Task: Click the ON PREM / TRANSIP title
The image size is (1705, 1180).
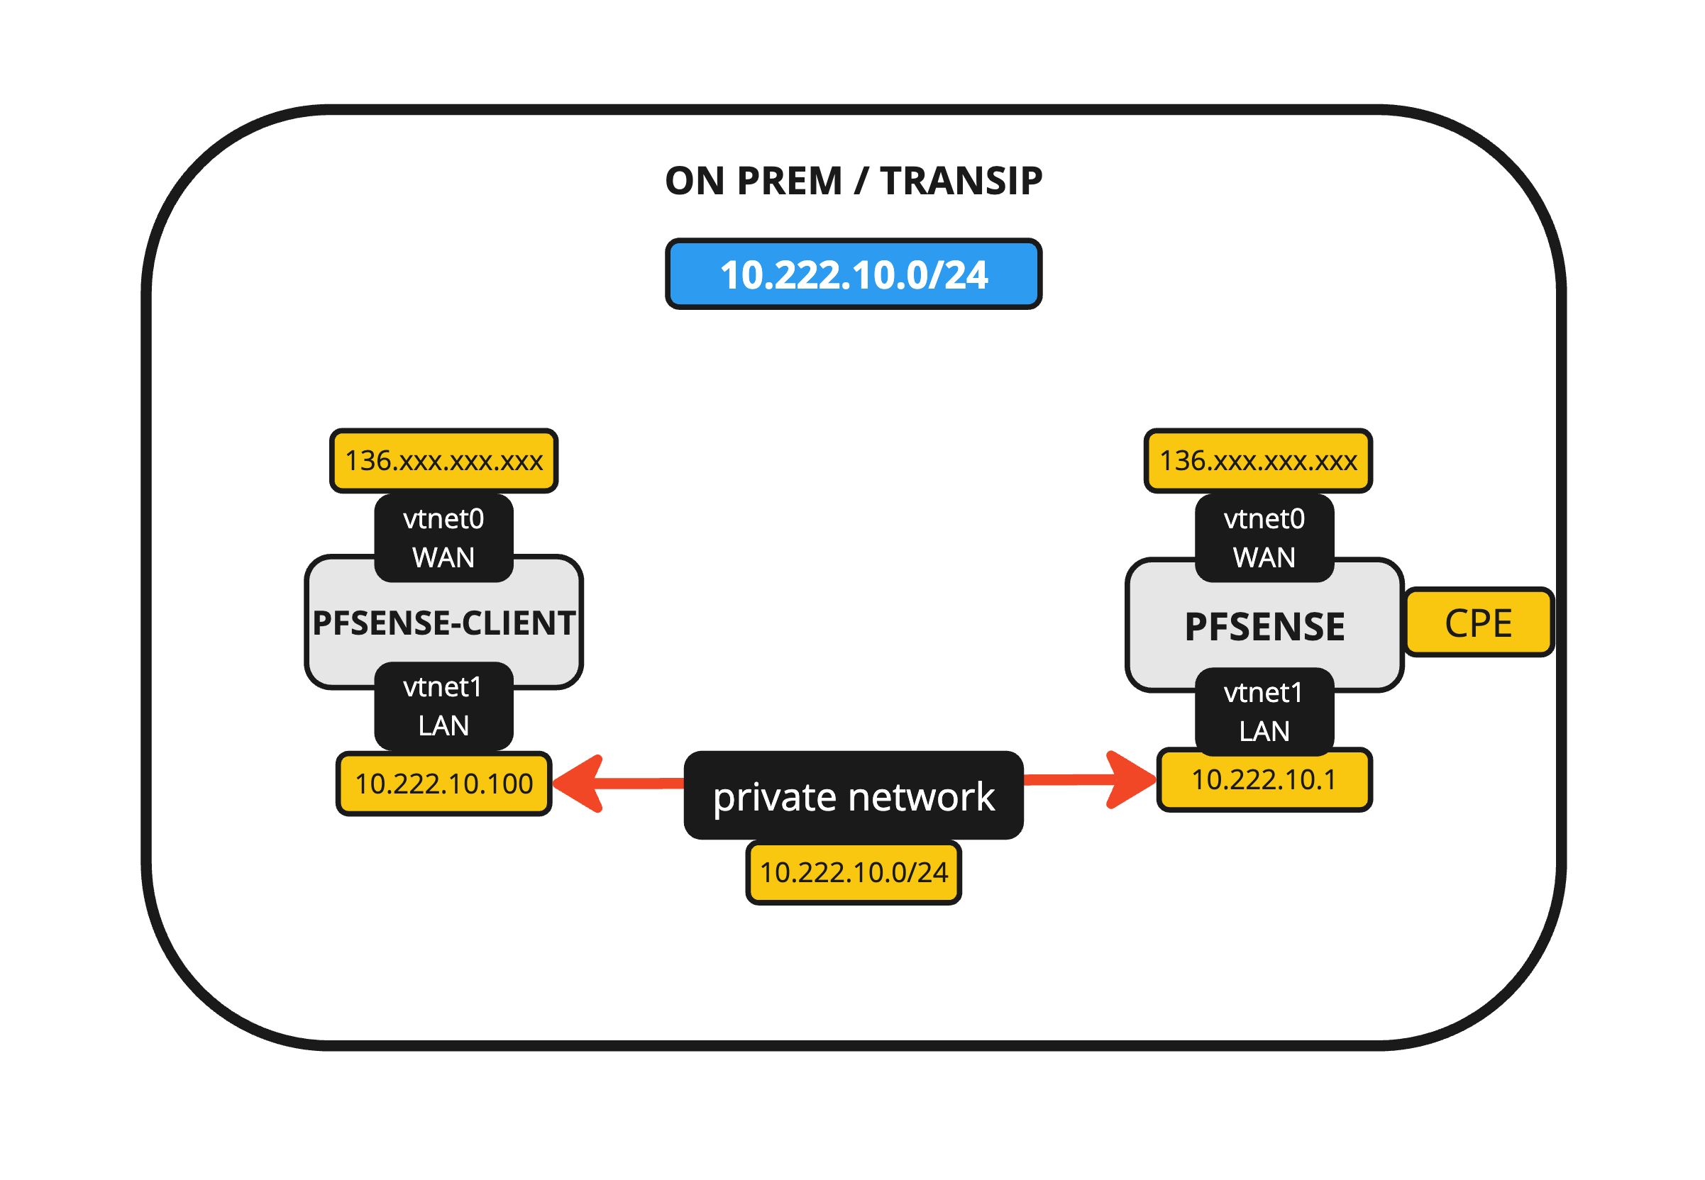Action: (853, 181)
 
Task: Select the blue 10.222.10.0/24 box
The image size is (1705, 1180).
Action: (853, 274)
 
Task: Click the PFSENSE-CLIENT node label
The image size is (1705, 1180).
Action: (444, 623)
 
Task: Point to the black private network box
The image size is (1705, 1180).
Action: (853, 796)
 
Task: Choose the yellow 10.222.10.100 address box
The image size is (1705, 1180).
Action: (444, 784)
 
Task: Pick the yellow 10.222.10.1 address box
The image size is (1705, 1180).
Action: (1264, 780)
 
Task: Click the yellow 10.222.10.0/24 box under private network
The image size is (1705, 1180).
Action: (853, 872)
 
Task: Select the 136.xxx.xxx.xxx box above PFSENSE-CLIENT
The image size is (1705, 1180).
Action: (444, 461)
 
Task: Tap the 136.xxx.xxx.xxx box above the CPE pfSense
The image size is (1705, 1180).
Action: (1257, 461)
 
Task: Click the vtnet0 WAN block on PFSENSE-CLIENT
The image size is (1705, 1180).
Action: (444, 538)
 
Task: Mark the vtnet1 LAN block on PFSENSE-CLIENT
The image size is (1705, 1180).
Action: (444, 706)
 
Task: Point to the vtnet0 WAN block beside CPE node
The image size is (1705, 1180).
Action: (1264, 538)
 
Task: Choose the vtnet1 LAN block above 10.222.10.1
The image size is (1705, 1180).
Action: (1264, 711)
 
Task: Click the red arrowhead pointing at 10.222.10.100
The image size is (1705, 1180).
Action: (580, 784)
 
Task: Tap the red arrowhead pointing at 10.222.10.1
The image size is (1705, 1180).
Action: (1130, 779)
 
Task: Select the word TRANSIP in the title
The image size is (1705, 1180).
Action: (961, 181)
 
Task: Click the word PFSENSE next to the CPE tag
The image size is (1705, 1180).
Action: (1264, 627)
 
